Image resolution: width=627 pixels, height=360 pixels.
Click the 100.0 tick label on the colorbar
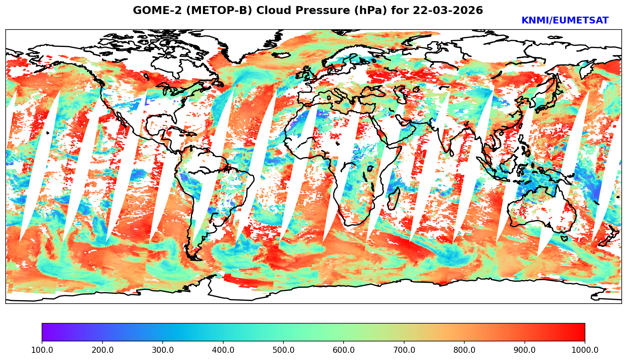click(x=42, y=350)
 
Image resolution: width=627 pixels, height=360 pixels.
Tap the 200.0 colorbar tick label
click(x=102, y=350)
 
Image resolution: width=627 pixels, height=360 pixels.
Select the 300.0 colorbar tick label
click(x=163, y=350)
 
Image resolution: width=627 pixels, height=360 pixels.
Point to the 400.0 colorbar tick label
click(x=223, y=350)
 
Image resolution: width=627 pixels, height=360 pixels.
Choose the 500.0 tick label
click(x=283, y=350)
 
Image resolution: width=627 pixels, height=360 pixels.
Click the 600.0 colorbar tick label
click(x=344, y=350)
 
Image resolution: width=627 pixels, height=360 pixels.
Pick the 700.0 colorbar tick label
click(x=404, y=350)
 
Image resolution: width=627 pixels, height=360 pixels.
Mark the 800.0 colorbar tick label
click(x=464, y=350)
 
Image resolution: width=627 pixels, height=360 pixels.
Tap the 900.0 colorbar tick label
click(x=525, y=350)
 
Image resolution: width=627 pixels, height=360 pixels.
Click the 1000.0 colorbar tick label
click(x=585, y=350)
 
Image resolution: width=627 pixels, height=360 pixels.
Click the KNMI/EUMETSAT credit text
click(x=565, y=21)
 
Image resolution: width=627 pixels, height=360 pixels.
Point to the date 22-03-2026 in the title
click(x=448, y=11)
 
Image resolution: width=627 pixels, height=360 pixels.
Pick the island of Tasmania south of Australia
click(x=564, y=238)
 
